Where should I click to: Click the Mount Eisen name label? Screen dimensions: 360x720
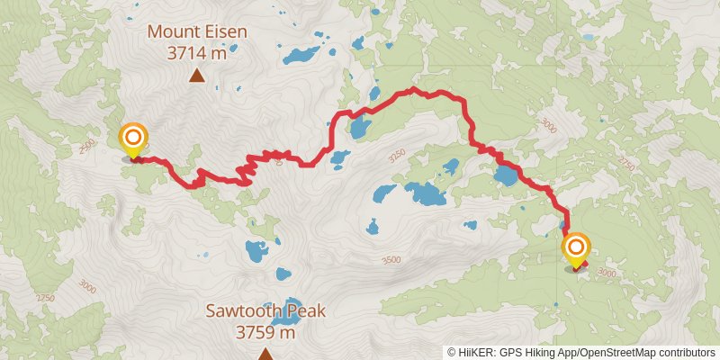pyautogui.click(x=196, y=31)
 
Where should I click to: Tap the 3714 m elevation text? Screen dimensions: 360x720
pyautogui.click(x=196, y=53)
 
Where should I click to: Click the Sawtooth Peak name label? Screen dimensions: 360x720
pyautogui.click(x=265, y=312)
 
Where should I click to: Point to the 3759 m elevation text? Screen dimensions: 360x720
pyautogui.click(x=265, y=333)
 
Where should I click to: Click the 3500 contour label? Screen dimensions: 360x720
pyautogui.click(x=391, y=260)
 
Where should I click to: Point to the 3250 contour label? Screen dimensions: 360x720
pyautogui.click(x=396, y=153)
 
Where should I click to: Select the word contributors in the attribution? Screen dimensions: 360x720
pyautogui.click(x=685, y=353)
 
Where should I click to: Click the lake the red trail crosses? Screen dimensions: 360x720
pyautogui.click(x=506, y=174)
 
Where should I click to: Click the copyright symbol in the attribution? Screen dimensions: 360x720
pyautogui.click(x=452, y=353)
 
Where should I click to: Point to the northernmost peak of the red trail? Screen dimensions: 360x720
pyautogui.click(x=412, y=89)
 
